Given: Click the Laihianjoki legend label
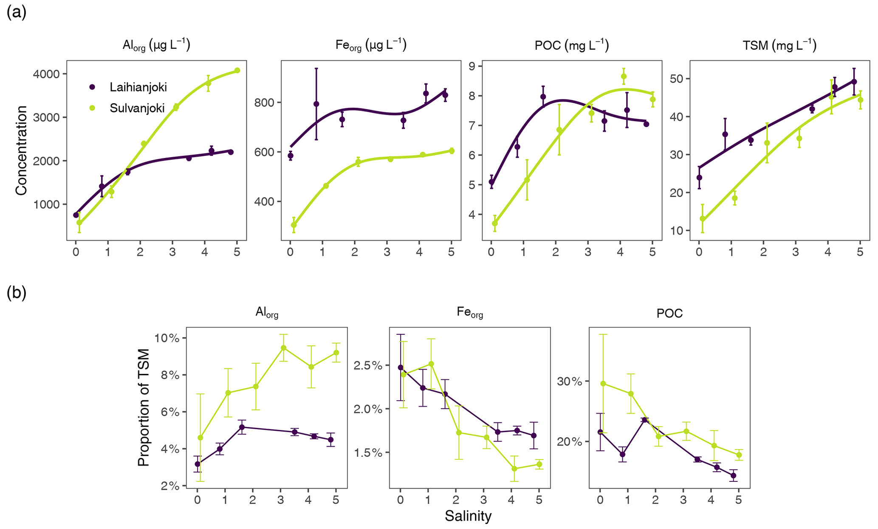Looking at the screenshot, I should [x=138, y=88].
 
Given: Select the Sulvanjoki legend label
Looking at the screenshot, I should [x=137, y=108].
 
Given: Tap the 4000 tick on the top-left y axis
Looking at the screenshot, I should [x=47, y=74].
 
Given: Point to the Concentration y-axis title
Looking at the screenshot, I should [x=21, y=150].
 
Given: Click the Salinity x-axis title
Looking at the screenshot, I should [x=468, y=516].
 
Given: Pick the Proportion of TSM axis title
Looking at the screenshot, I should [x=144, y=407].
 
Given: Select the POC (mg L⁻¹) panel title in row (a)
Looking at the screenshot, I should [x=572, y=45].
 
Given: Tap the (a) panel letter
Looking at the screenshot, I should [x=17, y=13].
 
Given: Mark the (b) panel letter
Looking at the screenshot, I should [x=17, y=293].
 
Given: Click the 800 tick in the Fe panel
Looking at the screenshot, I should [x=265, y=102].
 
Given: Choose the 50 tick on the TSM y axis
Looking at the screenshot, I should [x=681, y=79].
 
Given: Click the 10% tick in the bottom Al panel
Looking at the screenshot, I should [x=168, y=339].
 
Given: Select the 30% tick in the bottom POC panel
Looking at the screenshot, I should [x=570, y=382].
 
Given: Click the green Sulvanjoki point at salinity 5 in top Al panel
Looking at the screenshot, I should [x=237, y=71].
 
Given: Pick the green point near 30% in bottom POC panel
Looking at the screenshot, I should [x=603, y=383].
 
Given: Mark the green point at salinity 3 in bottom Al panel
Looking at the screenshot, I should [x=284, y=348].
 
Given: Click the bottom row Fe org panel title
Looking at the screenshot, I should [x=470, y=313].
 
